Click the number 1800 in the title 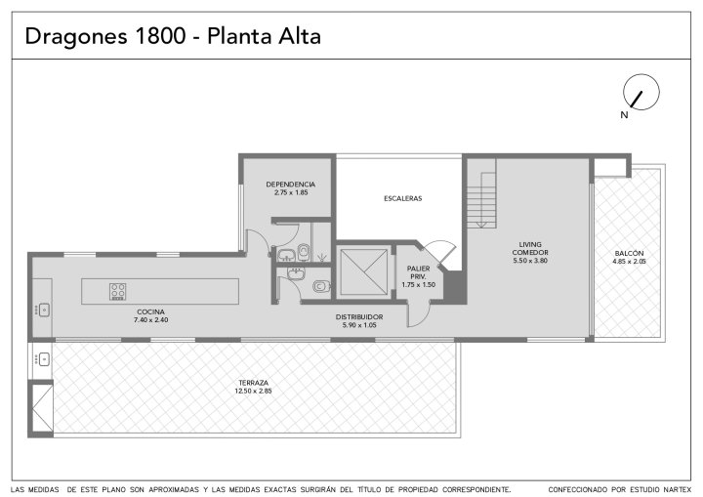[x=159, y=36]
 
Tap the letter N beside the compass [x=624, y=115]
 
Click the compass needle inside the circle [x=637, y=100]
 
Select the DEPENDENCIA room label [x=291, y=185]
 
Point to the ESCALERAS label [x=402, y=198]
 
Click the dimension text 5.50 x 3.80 [x=530, y=260]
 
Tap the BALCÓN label [x=629, y=253]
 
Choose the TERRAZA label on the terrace [x=253, y=383]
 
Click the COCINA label [x=150, y=311]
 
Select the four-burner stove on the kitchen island [x=117, y=291]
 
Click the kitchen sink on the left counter [x=44, y=310]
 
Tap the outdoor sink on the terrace [x=44, y=359]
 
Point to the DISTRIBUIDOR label [x=359, y=317]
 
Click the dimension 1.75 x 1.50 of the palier [x=418, y=284]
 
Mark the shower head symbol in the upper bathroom [x=321, y=258]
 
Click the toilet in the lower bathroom [x=322, y=286]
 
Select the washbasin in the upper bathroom [x=285, y=255]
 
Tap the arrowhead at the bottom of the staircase [x=481, y=225]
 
